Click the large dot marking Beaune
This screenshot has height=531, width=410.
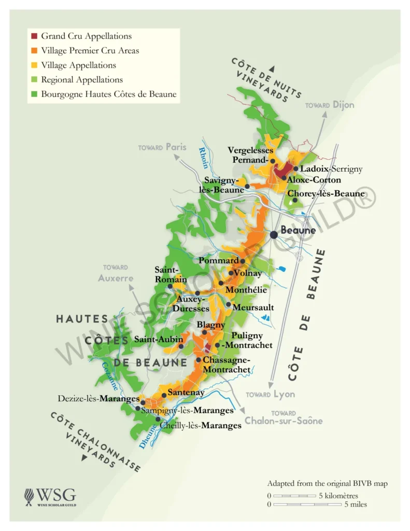(x=274, y=235)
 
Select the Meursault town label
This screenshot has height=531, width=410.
(x=253, y=308)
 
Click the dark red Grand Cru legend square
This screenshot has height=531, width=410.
(x=34, y=36)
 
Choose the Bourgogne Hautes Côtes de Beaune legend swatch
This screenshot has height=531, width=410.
(x=34, y=94)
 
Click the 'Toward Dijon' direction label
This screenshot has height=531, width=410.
(x=330, y=105)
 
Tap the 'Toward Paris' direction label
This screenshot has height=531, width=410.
(x=162, y=147)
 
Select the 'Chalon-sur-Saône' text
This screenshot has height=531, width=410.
(x=284, y=421)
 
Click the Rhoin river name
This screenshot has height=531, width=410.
(x=204, y=158)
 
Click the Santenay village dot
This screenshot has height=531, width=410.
(x=164, y=395)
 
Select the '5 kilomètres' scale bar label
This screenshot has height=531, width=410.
(x=339, y=496)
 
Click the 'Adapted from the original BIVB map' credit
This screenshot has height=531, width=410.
(x=327, y=483)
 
